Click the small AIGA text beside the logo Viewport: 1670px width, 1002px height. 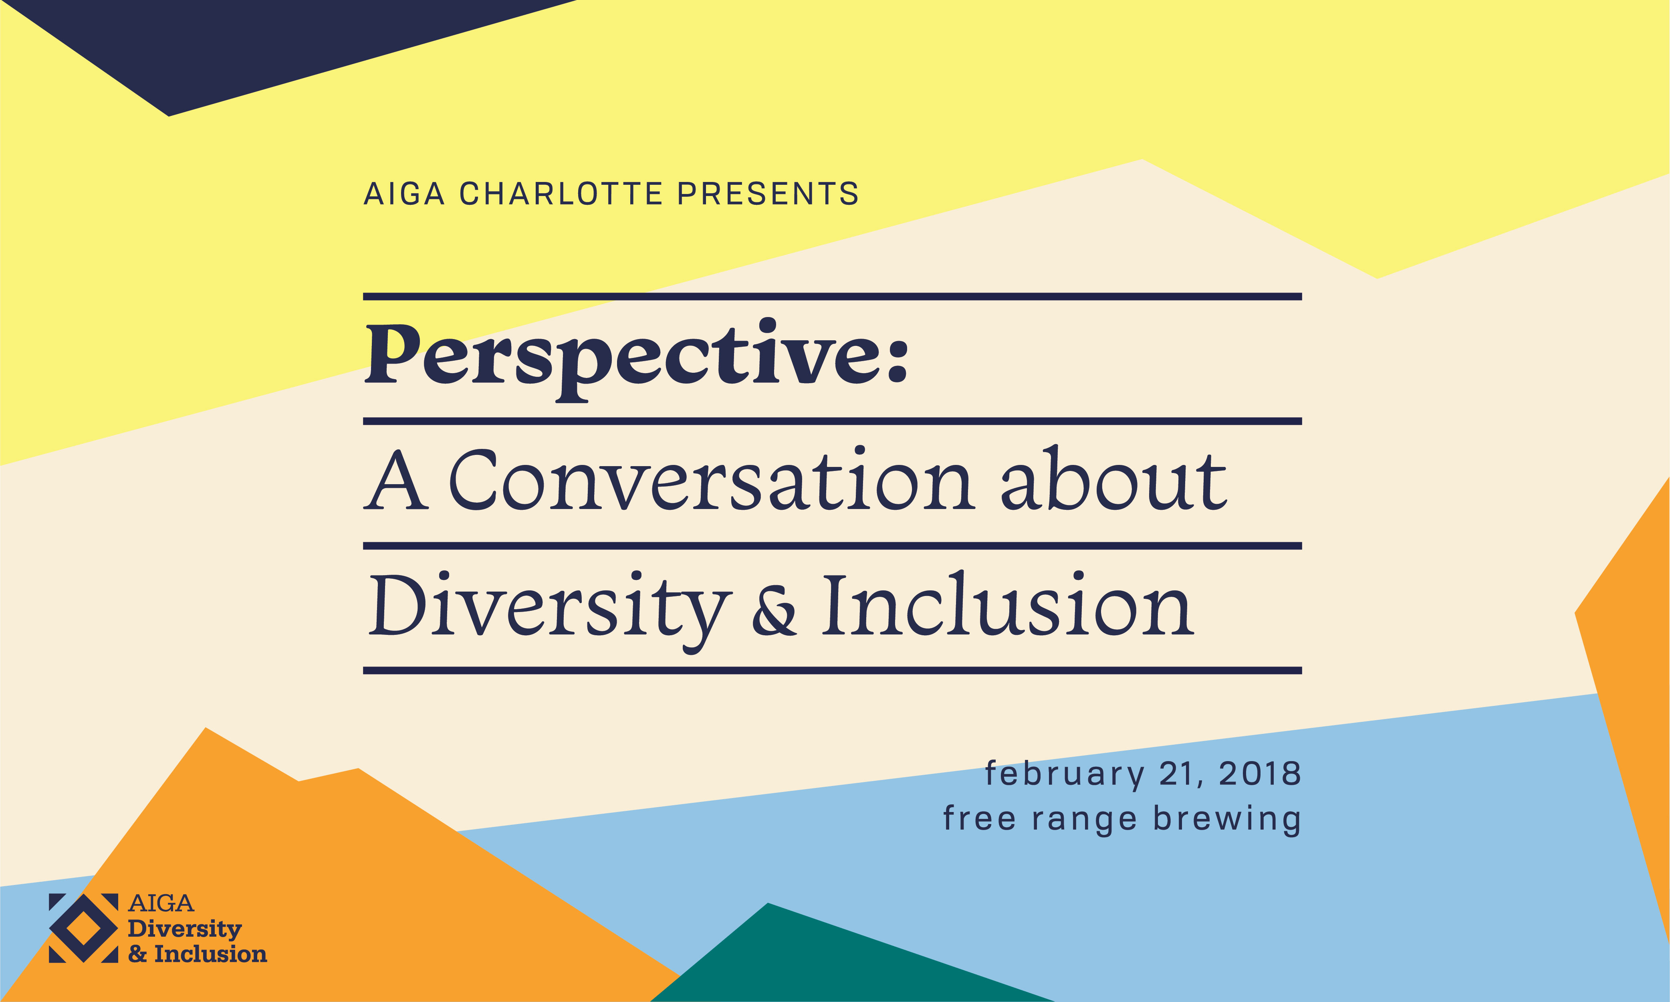coord(161,903)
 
